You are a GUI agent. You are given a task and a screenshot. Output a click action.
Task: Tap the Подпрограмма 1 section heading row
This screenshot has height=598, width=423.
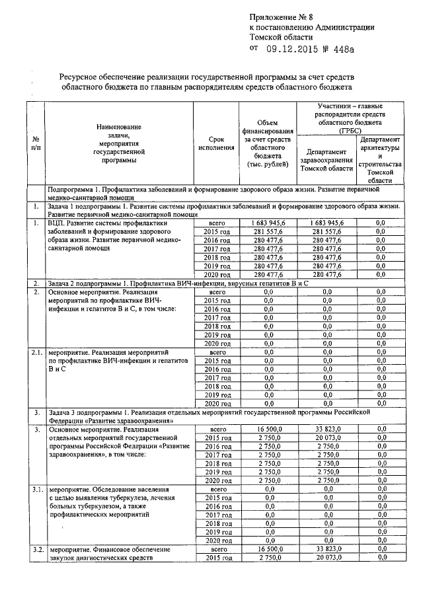222,192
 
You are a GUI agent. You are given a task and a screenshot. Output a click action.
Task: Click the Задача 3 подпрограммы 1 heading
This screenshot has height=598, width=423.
222,416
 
